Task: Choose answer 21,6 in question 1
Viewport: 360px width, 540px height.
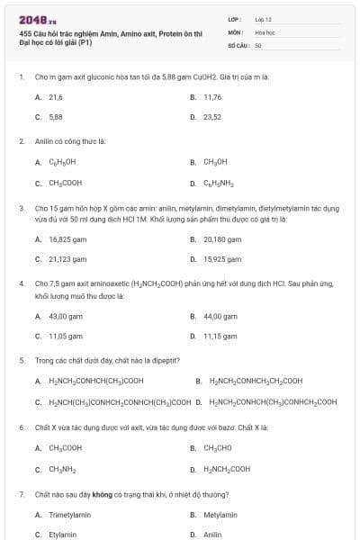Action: click(x=55, y=96)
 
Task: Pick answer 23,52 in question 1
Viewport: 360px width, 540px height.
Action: click(x=212, y=117)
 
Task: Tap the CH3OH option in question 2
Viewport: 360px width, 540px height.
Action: click(x=215, y=162)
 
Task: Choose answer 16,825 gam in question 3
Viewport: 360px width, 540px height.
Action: click(x=67, y=239)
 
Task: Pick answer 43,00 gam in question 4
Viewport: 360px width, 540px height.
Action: click(x=64, y=316)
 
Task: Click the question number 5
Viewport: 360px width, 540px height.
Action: click(x=22, y=360)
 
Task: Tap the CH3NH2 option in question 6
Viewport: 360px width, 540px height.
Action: click(x=61, y=469)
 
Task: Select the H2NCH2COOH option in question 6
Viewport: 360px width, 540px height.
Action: click(x=227, y=469)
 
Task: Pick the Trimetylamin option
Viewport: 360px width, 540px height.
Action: click(x=69, y=515)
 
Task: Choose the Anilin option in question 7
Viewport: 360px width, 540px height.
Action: click(x=212, y=535)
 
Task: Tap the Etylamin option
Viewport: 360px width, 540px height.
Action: click(x=62, y=535)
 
